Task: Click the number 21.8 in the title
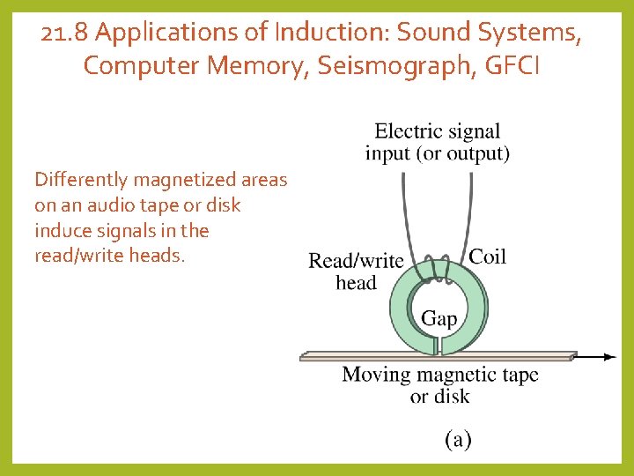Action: (65, 33)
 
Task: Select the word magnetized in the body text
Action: (183, 180)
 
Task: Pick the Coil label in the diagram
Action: (487, 257)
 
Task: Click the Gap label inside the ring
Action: (439, 318)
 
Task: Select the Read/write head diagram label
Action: (356, 271)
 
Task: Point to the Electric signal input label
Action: (437, 142)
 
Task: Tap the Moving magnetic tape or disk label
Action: (439, 385)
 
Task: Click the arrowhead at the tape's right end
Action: (610, 357)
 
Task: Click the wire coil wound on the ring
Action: (438, 269)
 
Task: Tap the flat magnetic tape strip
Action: (370, 357)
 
